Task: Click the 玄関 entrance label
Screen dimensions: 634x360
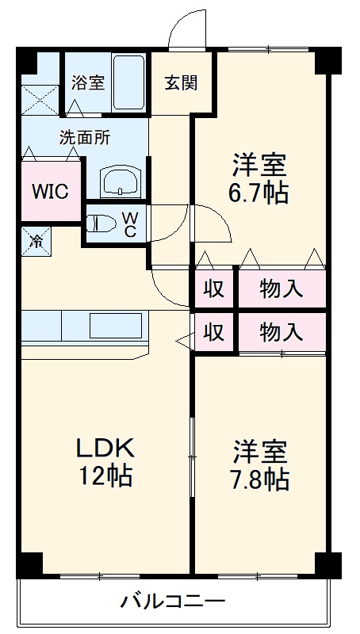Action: tap(181, 82)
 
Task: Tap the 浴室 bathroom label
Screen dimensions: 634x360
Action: tap(87, 82)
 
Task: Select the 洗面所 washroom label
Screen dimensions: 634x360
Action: tap(85, 136)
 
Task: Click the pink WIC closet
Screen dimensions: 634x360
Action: tap(50, 191)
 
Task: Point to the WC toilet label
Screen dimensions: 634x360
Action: tap(132, 223)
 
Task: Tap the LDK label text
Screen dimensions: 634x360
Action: tap(105, 448)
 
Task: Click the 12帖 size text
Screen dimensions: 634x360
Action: tap(105, 477)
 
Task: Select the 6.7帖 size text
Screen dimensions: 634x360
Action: tap(259, 193)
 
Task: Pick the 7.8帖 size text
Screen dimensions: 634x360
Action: tap(259, 478)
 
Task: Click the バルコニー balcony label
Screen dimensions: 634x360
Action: tap(174, 600)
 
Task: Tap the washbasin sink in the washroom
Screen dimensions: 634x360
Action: tap(121, 181)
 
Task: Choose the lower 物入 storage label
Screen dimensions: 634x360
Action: tap(281, 331)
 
